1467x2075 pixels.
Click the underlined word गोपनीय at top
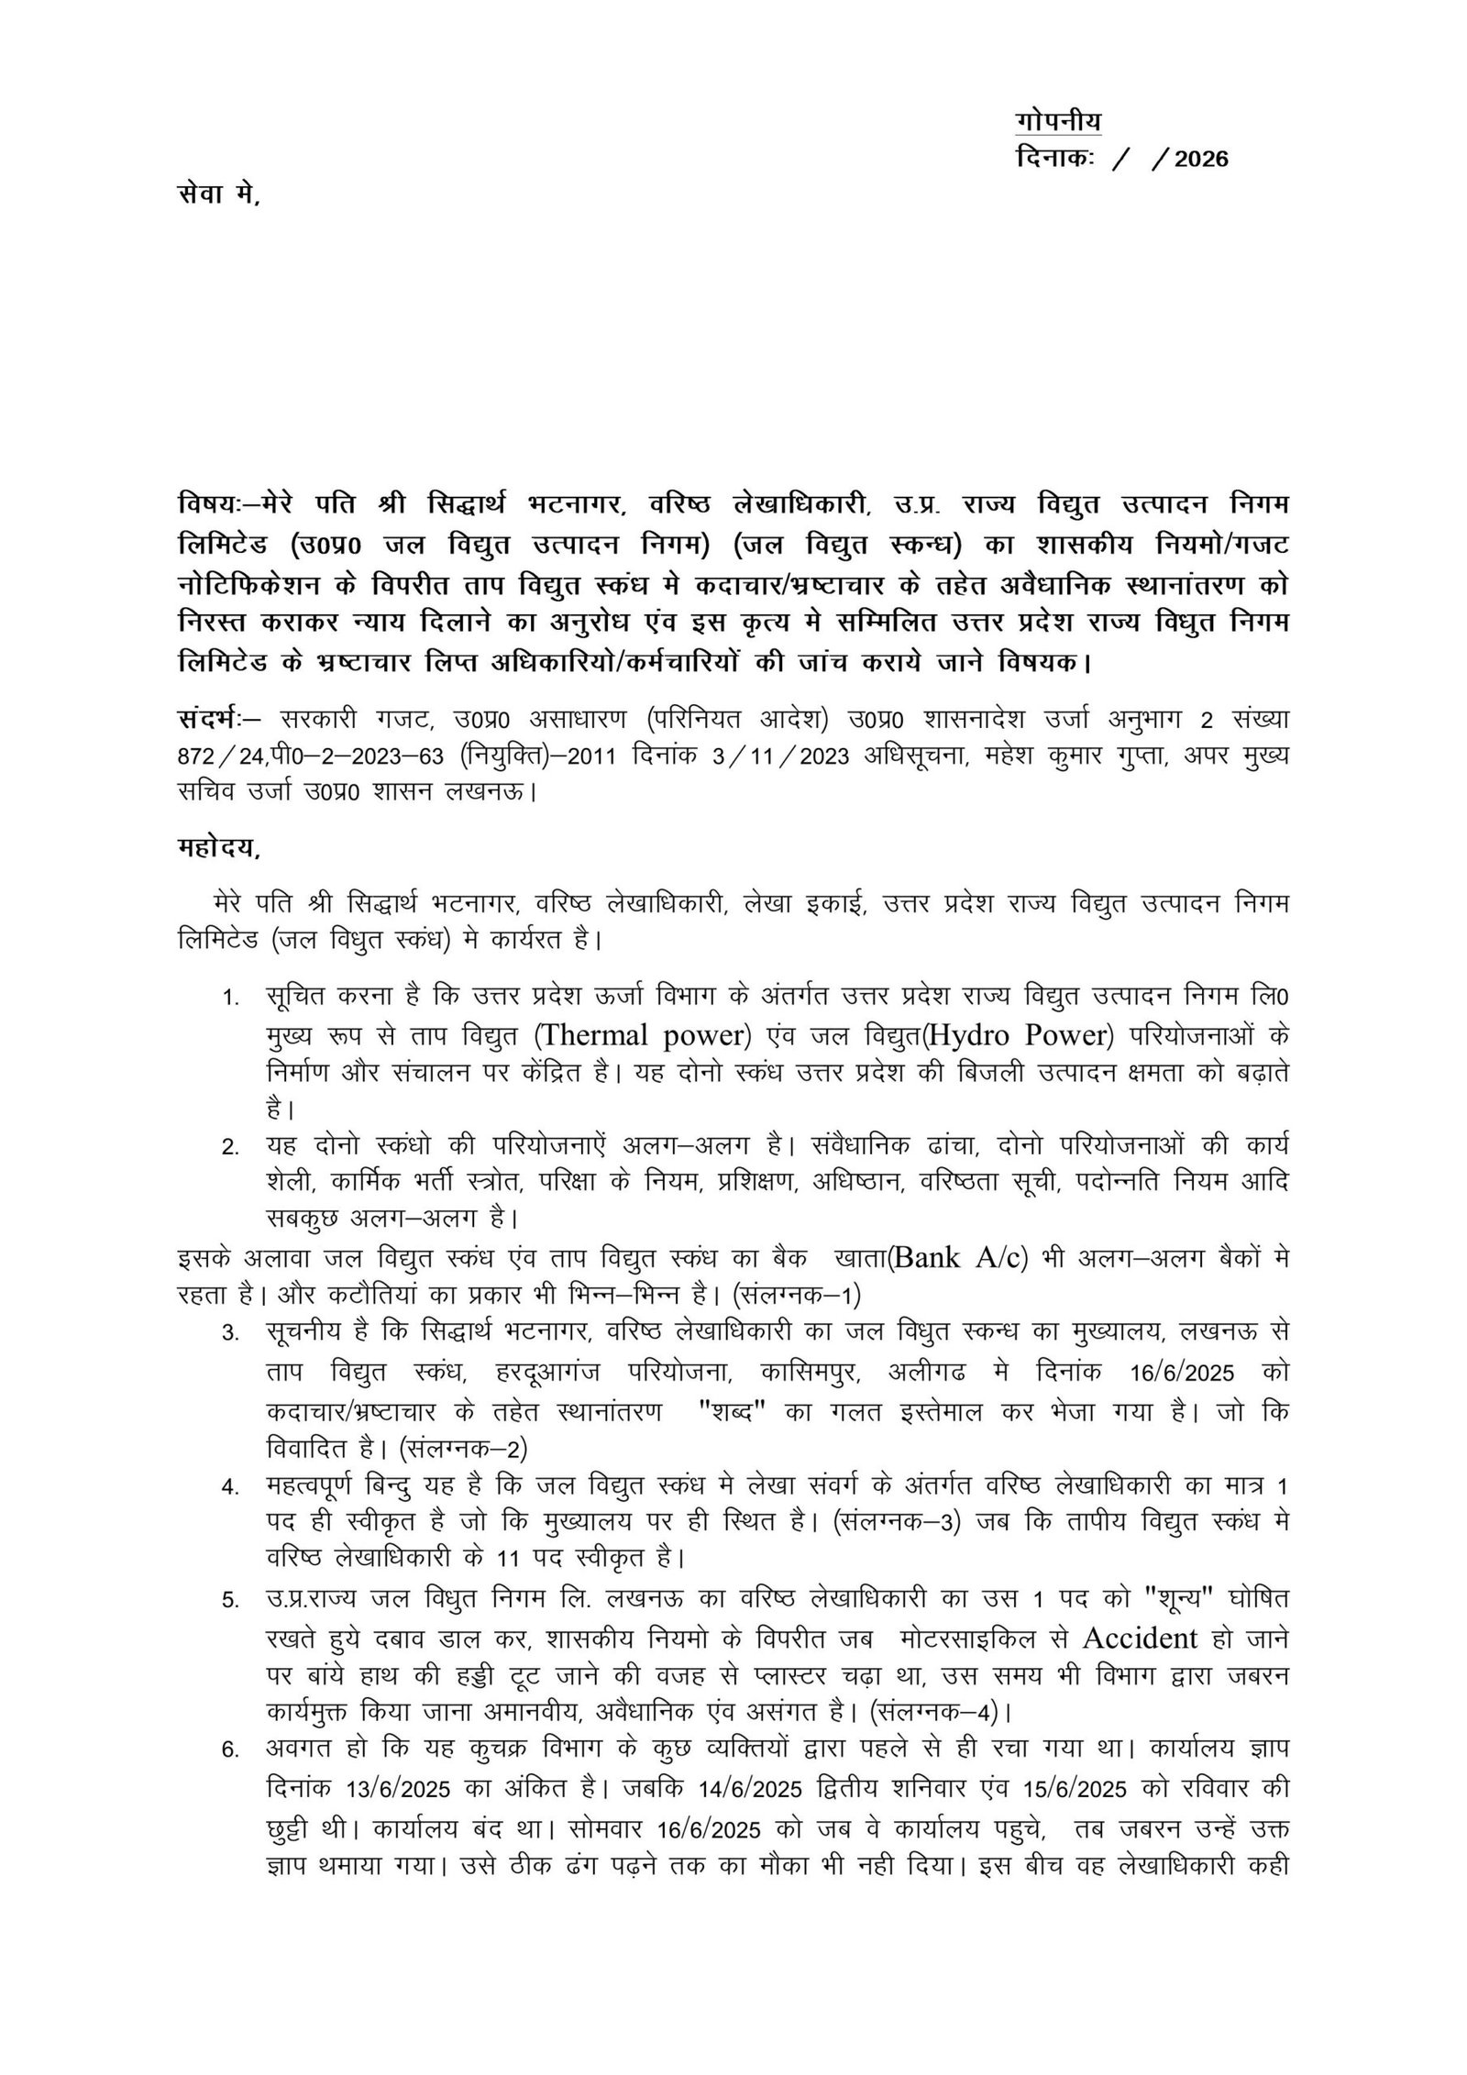1059,121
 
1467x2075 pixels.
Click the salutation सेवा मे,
219,195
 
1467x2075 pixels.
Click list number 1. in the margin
230,998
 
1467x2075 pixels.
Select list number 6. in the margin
230,1749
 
